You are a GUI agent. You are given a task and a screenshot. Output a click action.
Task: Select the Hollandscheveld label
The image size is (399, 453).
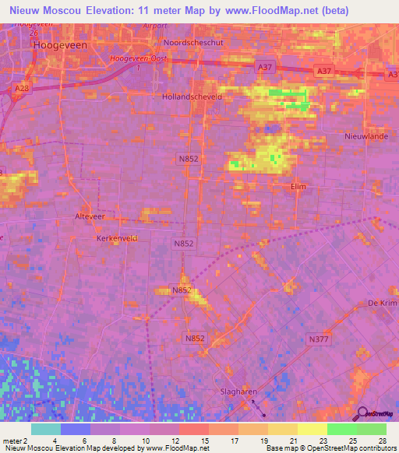[x=192, y=97]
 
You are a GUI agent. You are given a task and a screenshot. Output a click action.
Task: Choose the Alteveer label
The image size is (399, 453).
[x=89, y=216]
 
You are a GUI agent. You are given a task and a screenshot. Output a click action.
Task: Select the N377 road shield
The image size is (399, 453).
[x=318, y=339]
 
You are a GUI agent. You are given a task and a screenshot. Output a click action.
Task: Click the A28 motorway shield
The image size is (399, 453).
[x=21, y=90]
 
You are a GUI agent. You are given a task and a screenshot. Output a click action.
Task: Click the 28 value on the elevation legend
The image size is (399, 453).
[x=382, y=441]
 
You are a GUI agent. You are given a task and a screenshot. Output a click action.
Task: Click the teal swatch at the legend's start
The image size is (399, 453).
[x=46, y=429]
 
